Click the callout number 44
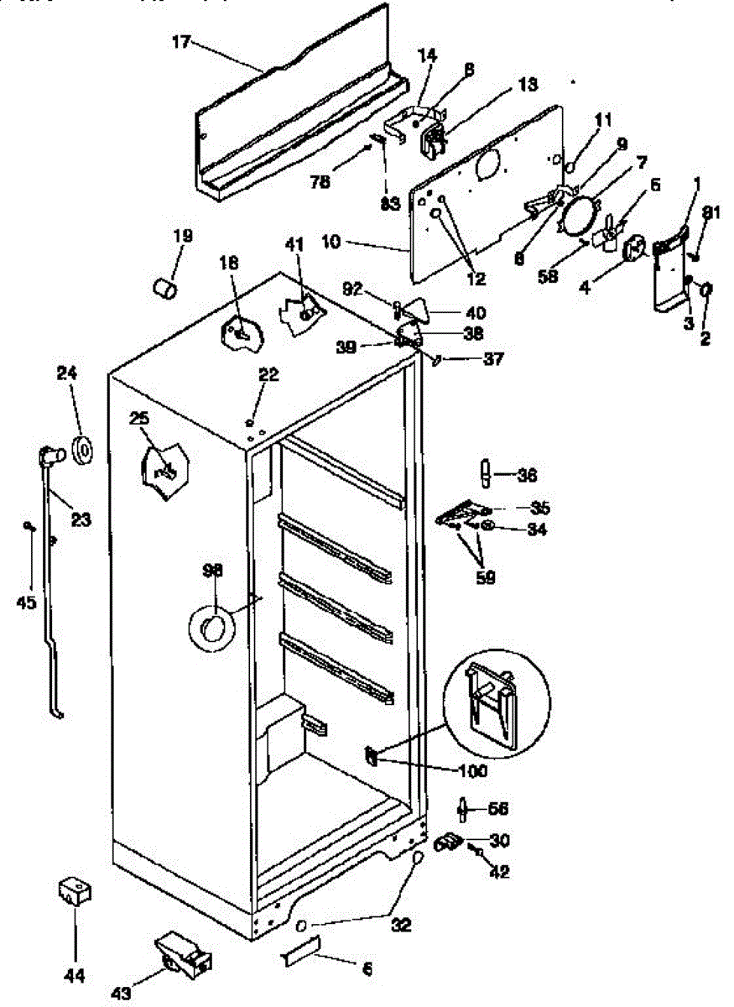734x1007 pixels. pos(75,975)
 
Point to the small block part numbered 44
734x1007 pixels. pos(75,891)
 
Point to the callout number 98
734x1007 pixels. pos(213,571)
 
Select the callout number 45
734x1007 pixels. pos(28,602)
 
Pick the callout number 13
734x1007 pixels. pos(527,85)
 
